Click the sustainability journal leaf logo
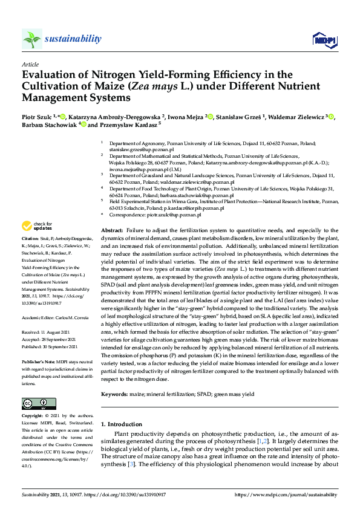click(31, 39)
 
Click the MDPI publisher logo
click(324, 40)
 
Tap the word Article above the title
click(30, 64)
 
